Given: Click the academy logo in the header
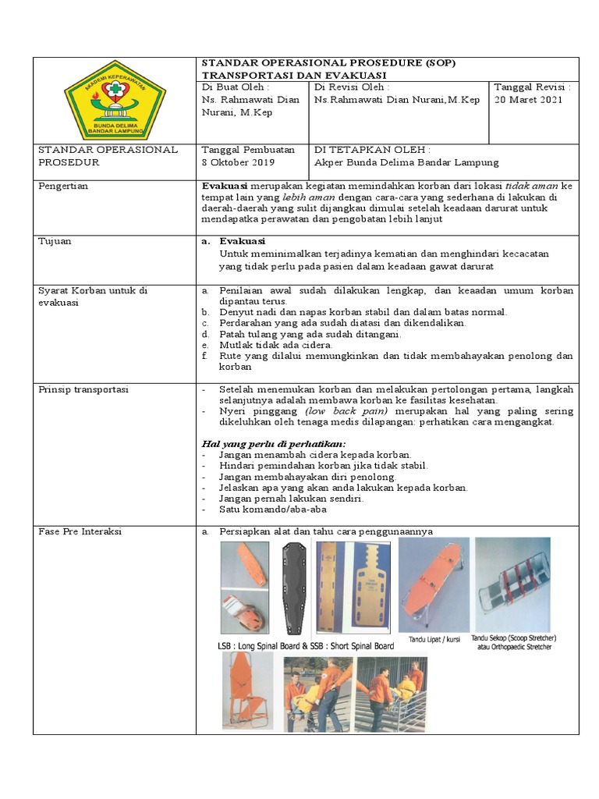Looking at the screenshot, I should click(114, 100).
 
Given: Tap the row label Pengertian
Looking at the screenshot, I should click(64, 186).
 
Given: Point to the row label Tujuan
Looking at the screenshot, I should click(55, 241).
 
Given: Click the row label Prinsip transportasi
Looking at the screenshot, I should click(84, 389).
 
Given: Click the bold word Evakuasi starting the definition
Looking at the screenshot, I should click(225, 186).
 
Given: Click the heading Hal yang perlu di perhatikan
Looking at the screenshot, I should click(274, 443).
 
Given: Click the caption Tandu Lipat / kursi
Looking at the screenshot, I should click(434, 639).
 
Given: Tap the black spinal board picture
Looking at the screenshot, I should click(295, 588).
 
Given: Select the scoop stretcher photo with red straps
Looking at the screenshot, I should click(512, 584).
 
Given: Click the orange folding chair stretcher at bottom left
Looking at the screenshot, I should click(247, 691).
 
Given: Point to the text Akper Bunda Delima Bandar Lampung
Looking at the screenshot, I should click(406, 162).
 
